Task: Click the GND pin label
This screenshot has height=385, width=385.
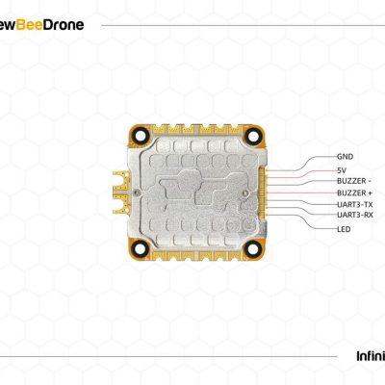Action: [x=345, y=157]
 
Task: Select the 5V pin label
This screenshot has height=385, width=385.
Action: [x=342, y=170]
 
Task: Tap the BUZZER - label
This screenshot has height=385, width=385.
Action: [x=354, y=181]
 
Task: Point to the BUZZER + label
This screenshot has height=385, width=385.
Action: [x=354, y=192]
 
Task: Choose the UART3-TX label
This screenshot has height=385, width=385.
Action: [x=355, y=204]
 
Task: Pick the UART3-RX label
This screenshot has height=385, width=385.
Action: [x=355, y=215]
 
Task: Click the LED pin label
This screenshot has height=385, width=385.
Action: [x=344, y=229]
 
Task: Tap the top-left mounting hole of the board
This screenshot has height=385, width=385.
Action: [x=140, y=136]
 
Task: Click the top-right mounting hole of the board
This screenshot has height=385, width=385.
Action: [x=253, y=136]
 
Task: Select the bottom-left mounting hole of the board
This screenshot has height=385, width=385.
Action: [x=140, y=248]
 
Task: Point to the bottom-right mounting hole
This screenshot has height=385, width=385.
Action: [x=253, y=248]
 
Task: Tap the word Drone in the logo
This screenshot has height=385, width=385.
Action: [x=63, y=25]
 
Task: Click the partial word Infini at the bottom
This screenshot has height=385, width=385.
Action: [x=371, y=356]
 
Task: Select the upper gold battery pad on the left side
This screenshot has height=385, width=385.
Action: [x=121, y=181]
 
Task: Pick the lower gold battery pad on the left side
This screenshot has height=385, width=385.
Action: [x=121, y=204]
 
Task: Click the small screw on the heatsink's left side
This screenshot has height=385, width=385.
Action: [x=138, y=192]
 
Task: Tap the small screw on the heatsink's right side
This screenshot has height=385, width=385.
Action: [x=246, y=192]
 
